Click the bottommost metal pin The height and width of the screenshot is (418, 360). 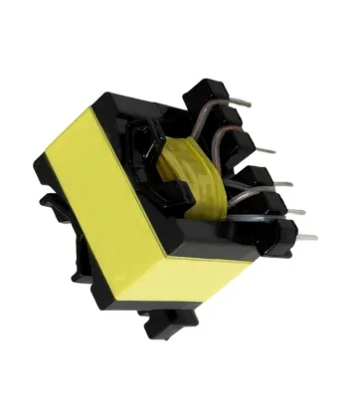tap(306, 238)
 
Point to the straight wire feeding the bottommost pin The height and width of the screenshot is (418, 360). tap(269, 227)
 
